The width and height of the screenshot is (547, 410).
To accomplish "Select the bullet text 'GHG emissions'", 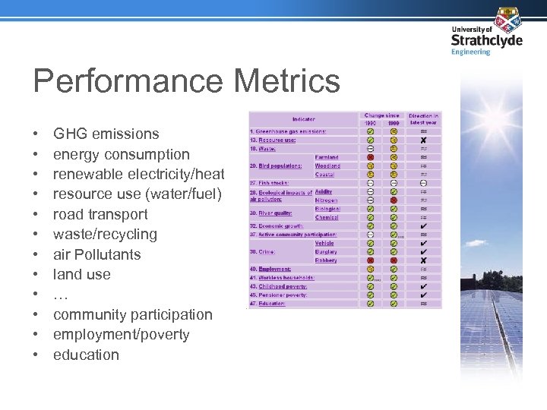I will point(106,134).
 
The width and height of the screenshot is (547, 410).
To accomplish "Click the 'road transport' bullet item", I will point(100,214).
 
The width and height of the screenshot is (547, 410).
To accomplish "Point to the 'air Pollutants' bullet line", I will point(96,254).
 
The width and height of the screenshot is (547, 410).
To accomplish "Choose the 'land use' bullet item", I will point(81,274).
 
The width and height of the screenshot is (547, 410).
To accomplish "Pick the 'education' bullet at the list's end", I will point(86,355).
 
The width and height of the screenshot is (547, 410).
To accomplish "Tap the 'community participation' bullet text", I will point(132,314).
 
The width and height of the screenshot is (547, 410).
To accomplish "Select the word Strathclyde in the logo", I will point(486,40).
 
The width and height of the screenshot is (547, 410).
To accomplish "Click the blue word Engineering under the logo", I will point(471,52).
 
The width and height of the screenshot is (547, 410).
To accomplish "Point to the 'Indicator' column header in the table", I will point(303,119).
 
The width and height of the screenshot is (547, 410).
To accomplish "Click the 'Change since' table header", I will point(381,116).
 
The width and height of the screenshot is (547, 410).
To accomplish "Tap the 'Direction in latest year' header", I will point(423,119).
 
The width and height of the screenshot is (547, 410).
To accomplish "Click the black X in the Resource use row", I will point(423,140).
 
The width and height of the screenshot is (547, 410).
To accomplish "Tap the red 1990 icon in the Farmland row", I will point(370,157).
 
